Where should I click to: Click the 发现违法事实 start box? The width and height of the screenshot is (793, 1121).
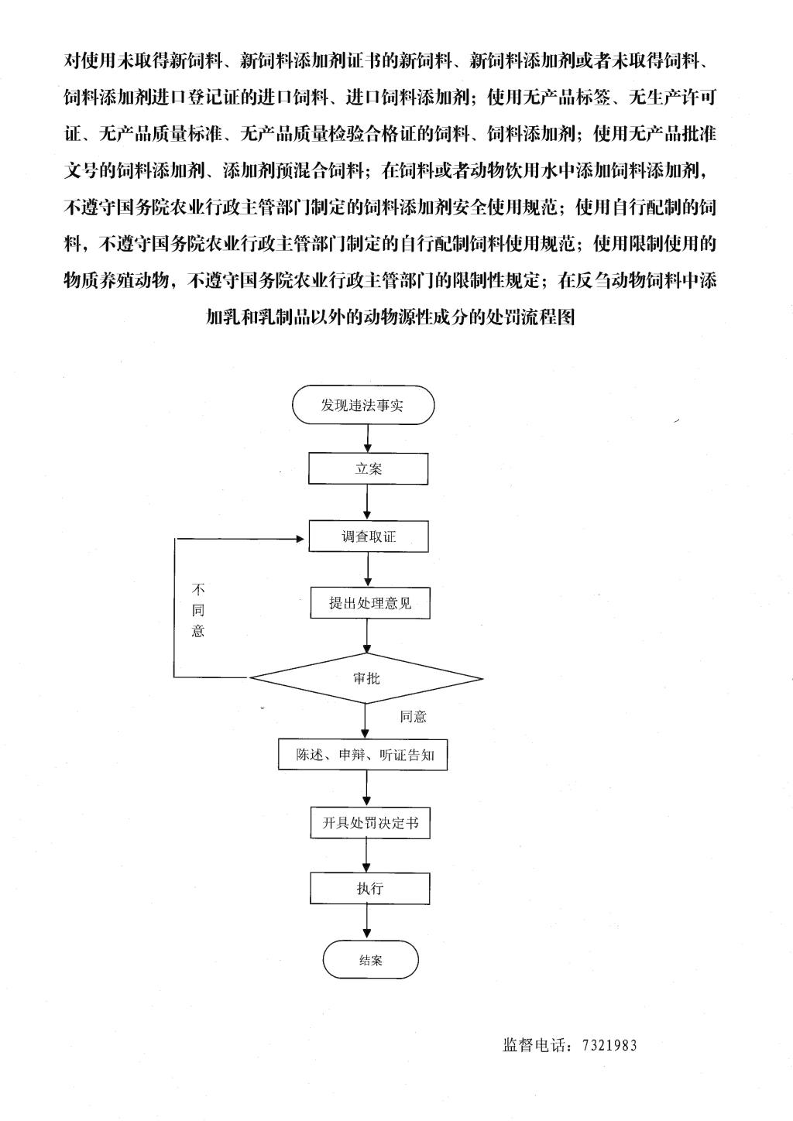[363, 405]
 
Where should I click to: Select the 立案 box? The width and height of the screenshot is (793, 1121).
[368, 468]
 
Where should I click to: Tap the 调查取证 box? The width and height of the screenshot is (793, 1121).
[369, 537]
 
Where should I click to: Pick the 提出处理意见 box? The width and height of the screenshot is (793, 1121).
[370, 602]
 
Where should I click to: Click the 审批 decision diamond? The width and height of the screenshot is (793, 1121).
[366, 679]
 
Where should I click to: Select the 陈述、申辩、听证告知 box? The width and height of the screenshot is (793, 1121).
[363, 755]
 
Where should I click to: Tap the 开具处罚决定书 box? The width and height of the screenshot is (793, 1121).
[370, 823]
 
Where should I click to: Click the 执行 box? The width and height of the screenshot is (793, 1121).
[370, 888]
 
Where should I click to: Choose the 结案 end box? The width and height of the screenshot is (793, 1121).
[370, 960]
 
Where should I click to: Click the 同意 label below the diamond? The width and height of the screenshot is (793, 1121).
[413, 717]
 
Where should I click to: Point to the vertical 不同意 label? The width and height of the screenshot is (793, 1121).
[198, 610]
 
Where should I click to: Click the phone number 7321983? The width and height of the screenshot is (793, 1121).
[609, 1045]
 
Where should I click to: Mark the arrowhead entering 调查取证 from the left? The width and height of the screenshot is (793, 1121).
[300, 539]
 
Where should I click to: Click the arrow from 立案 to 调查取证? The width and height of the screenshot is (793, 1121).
[367, 502]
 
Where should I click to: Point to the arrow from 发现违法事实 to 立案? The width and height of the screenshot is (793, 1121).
[368, 438]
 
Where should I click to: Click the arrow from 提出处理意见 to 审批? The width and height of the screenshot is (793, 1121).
[368, 636]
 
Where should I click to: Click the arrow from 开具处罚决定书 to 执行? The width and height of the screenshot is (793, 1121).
[366, 855]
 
